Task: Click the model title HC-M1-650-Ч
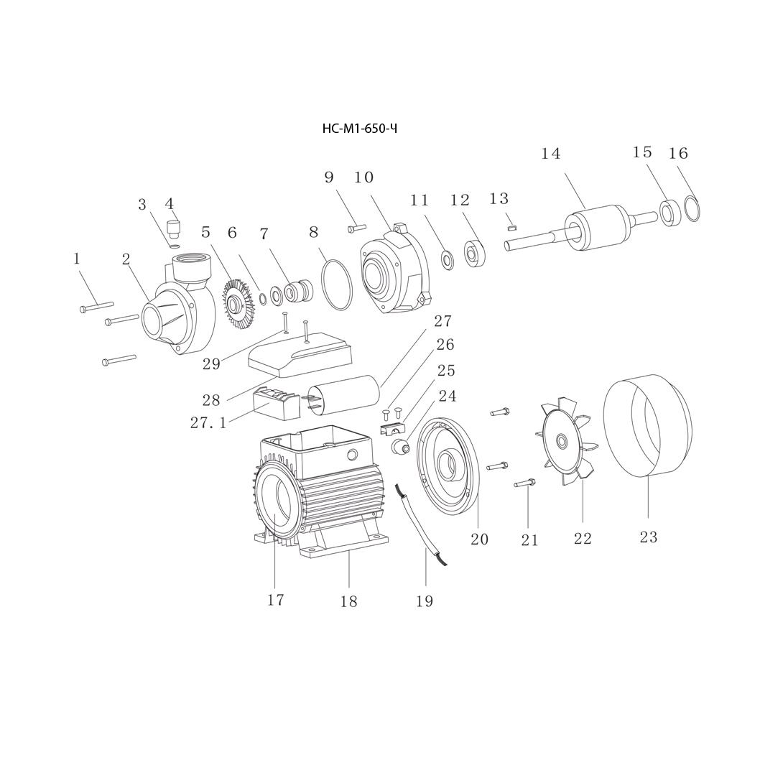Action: [x=360, y=129]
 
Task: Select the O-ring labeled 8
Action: [x=338, y=285]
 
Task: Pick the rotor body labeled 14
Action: [x=596, y=228]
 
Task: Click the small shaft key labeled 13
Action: [x=511, y=226]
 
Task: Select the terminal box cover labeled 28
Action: [x=300, y=357]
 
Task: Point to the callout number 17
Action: [x=276, y=600]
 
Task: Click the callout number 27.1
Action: [x=208, y=423]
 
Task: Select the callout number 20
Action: [x=479, y=539]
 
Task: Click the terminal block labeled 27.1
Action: [x=276, y=404]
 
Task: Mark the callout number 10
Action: [x=364, y=177]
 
